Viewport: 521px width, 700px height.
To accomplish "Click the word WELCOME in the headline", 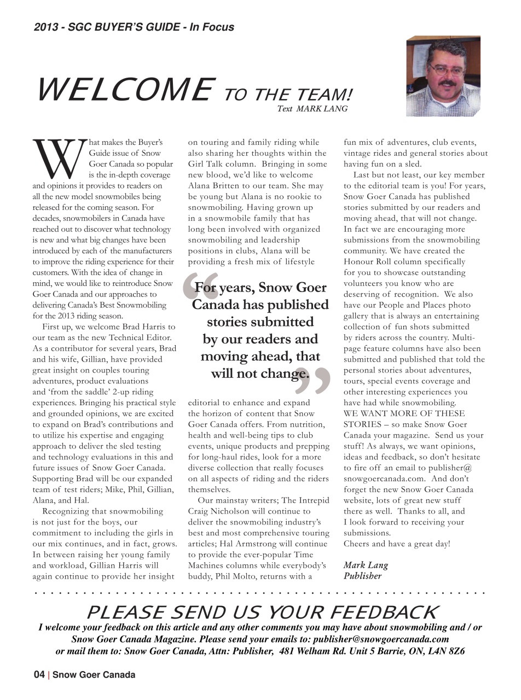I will [124, 90].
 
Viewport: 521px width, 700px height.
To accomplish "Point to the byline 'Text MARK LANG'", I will [312, 109].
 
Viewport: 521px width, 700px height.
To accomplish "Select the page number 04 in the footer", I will [39, 675].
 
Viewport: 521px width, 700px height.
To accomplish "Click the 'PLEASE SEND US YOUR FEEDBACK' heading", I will [262, 612].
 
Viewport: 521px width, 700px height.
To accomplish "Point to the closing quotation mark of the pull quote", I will [313, 382].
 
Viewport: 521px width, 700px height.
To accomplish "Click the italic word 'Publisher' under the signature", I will [362, 575].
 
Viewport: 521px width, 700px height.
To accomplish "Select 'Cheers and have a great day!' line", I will [397, 544].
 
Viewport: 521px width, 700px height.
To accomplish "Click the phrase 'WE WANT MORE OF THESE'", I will [404, 413].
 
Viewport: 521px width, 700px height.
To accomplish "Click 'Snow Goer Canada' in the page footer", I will [94, 675].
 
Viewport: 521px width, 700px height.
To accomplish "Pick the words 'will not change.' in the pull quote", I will [260, 374].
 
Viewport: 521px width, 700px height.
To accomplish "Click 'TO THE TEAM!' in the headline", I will [288, 95].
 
